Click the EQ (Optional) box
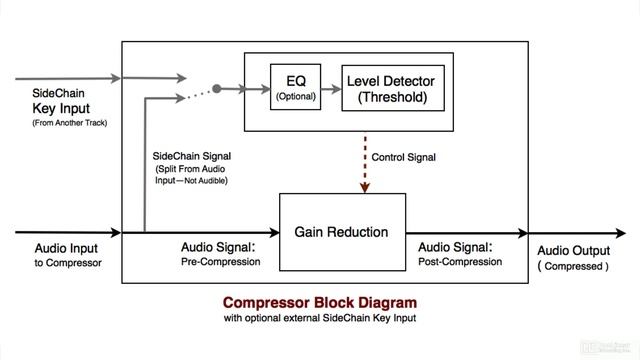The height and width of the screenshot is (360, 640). (296, 88)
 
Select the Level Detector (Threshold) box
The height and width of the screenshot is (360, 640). (384, 88)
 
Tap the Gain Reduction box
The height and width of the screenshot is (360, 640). (341, 232)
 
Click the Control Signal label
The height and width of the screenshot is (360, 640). (404, 157)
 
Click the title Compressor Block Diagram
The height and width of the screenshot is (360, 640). (320, 302)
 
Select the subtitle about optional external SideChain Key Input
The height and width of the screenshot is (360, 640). (320, 319)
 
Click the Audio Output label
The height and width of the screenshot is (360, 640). (573, 250)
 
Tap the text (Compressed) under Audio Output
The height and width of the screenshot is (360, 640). (572, 267)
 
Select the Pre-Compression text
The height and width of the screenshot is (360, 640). (220, 262)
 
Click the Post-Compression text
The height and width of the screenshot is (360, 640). (458, 262)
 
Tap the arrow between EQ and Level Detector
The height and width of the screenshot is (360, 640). (330, 88)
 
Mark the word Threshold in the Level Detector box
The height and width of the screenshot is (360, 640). (384, 98)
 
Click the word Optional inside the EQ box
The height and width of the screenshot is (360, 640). (296, 97)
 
